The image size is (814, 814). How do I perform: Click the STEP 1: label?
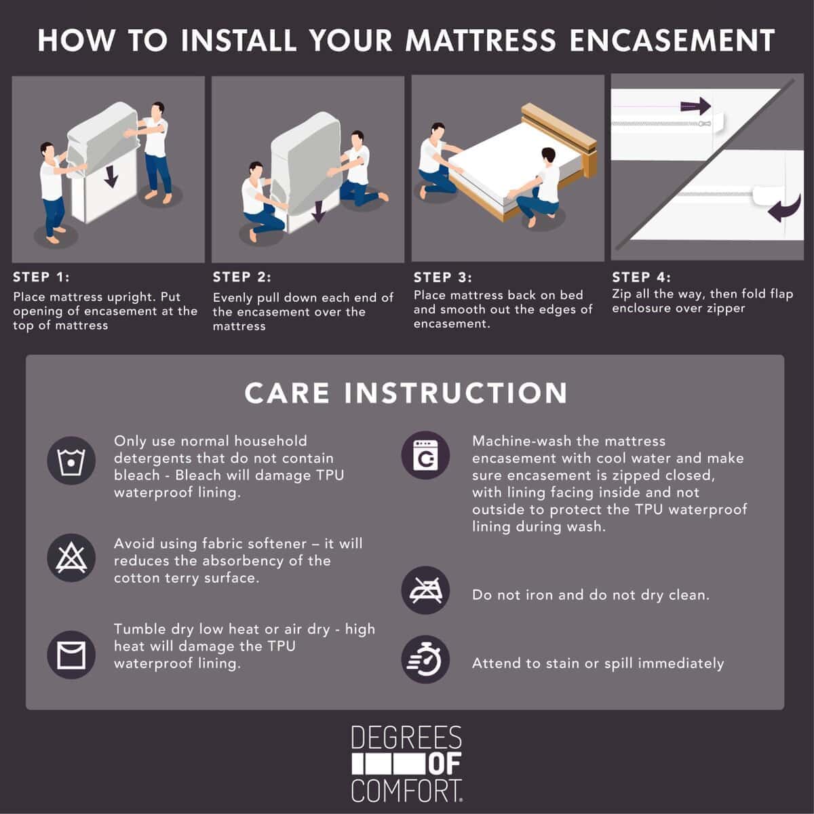click(41, 277)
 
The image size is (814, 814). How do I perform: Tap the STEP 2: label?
click(241, 277)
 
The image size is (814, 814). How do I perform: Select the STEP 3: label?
click(443, 277)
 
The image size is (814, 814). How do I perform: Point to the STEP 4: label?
click(641, 277)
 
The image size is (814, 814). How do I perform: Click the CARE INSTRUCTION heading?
click(406, 393)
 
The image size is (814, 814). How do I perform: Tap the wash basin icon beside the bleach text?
click(71, 461)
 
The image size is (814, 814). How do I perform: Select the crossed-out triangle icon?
click(71, 558)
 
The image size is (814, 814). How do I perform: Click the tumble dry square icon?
click(71, 655)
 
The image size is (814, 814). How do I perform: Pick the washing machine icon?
click(425, 455)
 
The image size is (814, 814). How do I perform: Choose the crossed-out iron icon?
click(425, 590)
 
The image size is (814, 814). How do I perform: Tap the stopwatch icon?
click(425, 659)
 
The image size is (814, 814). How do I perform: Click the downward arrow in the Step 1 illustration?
click(111, 176)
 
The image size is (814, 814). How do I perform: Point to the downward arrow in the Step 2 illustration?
click(319, 211)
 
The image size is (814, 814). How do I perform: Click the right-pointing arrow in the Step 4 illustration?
click(695, 106)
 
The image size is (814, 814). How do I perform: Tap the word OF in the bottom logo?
click(445, 764)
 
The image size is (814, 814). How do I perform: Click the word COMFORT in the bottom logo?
click(406, 791)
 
